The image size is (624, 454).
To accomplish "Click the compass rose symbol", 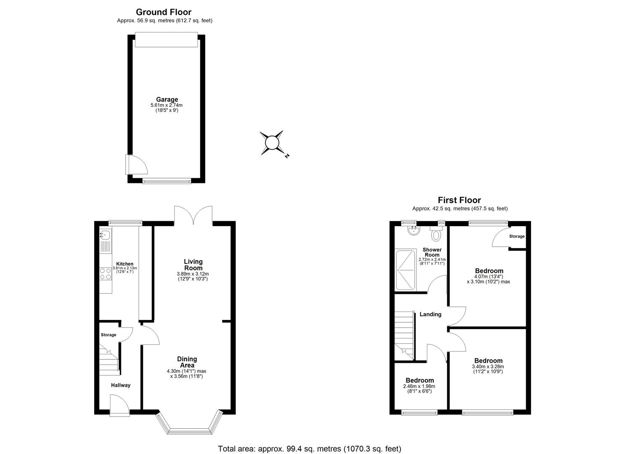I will coord(272,143).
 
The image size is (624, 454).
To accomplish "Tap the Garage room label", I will coord(167,100).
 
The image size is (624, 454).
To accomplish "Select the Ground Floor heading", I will coord(163,12).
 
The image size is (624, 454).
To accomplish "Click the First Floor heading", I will coord(459,200).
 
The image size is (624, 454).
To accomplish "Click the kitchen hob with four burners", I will coord(105,274).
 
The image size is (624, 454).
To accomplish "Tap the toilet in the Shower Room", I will coord(436,235).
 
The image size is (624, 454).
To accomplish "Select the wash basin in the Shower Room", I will coord(414,230).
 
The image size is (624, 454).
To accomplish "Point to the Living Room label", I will coord(193,265).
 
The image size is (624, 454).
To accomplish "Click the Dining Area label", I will coord(187,362).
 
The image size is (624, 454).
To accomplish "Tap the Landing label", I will coord(430,314).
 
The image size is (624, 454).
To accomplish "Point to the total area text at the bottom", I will coord(309,449).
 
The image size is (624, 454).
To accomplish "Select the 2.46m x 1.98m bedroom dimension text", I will coord(419,386).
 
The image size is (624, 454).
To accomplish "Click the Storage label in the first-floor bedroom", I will coord(516,236).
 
